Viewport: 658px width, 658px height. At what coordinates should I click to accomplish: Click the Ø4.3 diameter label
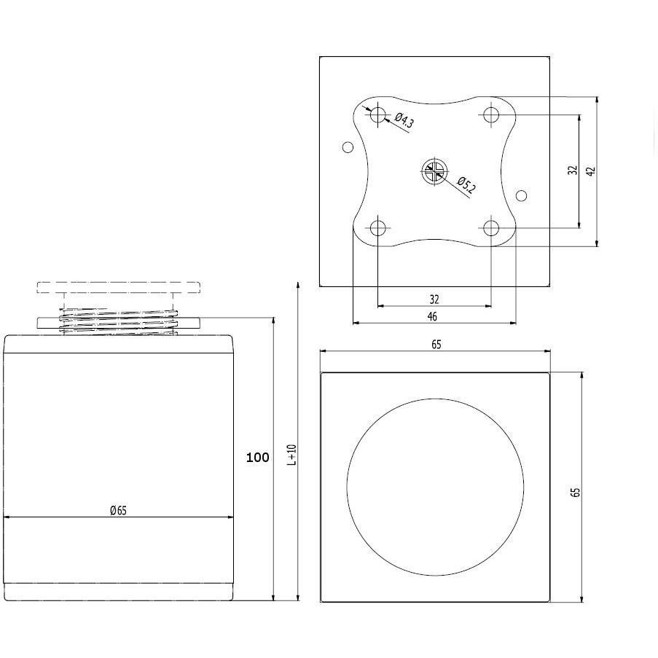404,120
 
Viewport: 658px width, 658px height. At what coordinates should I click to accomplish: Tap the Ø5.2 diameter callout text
466,186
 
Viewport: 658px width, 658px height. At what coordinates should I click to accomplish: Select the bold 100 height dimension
258,457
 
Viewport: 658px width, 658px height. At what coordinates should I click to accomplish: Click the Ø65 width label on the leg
118,510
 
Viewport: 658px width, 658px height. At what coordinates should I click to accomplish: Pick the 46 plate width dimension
432,316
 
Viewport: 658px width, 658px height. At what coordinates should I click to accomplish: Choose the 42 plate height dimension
591,171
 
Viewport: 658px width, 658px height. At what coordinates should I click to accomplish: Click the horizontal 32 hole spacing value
434,299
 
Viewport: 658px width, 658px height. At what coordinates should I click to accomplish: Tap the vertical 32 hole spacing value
573,170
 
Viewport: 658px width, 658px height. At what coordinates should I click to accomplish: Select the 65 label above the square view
436,345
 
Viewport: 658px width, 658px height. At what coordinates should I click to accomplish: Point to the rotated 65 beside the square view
576,492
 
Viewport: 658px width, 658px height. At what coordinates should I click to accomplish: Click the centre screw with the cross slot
435,171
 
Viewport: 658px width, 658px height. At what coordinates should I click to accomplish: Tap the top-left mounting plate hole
378,114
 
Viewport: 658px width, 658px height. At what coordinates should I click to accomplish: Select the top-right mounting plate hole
491,114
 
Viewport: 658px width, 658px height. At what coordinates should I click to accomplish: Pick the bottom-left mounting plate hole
378,228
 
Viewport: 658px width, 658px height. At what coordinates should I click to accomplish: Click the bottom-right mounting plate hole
491,228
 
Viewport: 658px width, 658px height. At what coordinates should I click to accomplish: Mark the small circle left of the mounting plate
348,147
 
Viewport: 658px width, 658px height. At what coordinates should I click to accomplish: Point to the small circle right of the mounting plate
521,195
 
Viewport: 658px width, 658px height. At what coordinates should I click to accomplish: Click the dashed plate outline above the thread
118,282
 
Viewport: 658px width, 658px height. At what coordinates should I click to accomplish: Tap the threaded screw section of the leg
118,322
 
